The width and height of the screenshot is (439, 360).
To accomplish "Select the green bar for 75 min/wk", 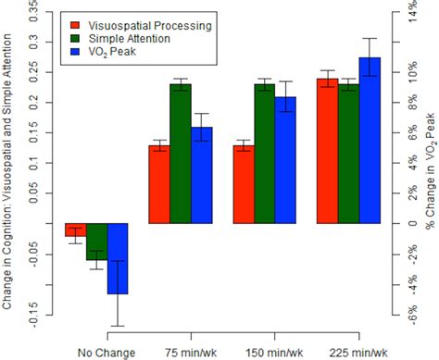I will (180, 154).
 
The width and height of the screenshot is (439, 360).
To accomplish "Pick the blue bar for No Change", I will (117, 258).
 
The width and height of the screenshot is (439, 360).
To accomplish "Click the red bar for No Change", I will (75, 230).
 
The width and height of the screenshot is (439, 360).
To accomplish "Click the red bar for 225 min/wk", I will (327, 151).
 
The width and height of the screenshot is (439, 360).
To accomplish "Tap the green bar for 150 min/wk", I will (264, 154).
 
